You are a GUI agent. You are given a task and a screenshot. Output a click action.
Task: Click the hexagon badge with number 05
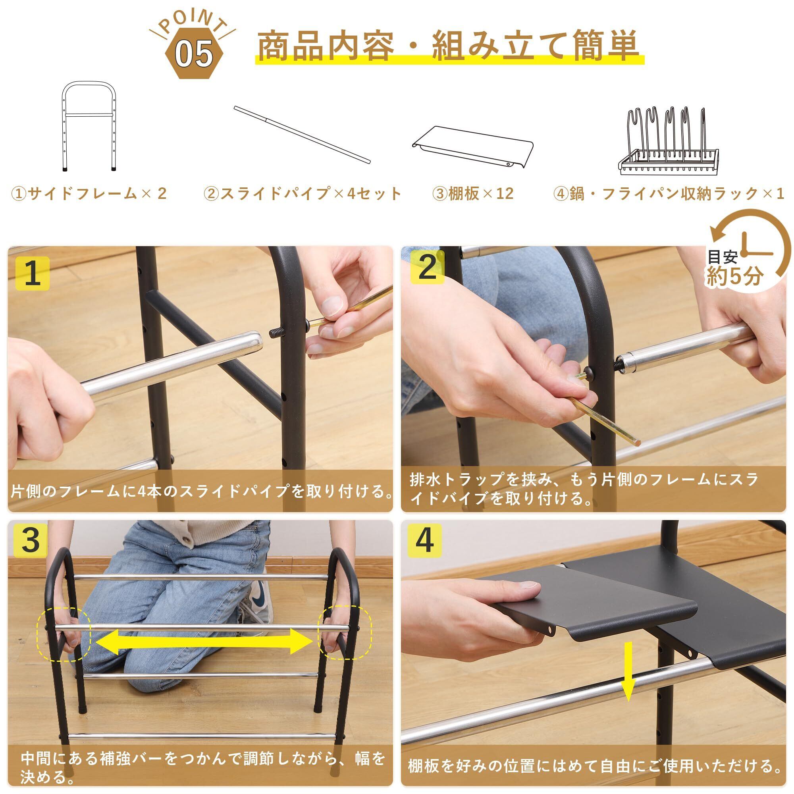(x=194, y=54)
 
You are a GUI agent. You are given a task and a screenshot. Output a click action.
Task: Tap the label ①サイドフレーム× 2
(x=89, y=193)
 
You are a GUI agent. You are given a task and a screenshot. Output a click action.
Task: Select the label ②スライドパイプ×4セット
(x=303, y=193)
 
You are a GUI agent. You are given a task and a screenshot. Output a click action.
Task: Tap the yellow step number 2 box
(x=428, y=268)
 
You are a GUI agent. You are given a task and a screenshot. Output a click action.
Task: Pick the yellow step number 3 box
(x=31, y=540)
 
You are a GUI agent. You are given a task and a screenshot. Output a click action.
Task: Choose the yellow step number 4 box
(x=424, y=540)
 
